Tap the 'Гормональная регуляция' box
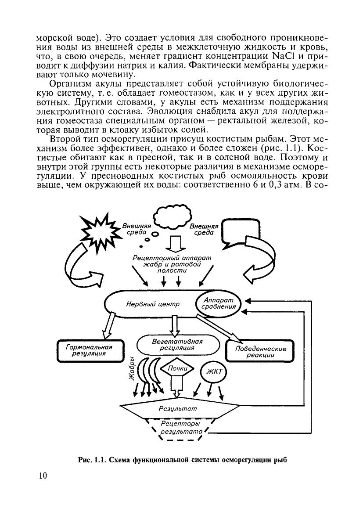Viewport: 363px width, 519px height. point(89,350)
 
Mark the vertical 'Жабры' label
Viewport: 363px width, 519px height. point(132,371)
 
